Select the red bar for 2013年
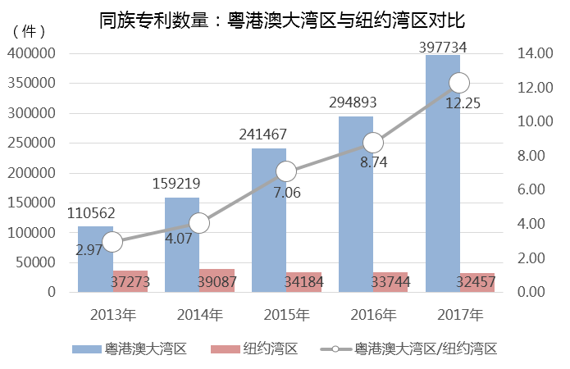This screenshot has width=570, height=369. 130,281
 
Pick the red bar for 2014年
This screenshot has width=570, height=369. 217,280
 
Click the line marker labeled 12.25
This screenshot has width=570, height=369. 459,83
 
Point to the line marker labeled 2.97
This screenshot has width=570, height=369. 112,241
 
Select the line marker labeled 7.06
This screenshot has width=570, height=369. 286,171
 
